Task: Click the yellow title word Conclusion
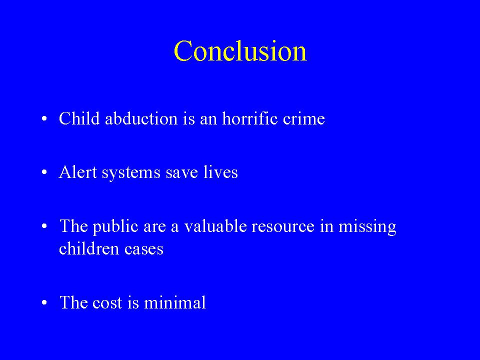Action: (240, 50)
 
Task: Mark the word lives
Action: (220, 171)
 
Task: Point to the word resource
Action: (283, 227)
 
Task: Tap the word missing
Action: (367, 227)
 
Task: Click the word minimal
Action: (175, 302)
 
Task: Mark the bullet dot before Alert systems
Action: (44, 172)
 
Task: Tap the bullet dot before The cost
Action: (44, 302)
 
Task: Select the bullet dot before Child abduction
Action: (44, 118)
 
